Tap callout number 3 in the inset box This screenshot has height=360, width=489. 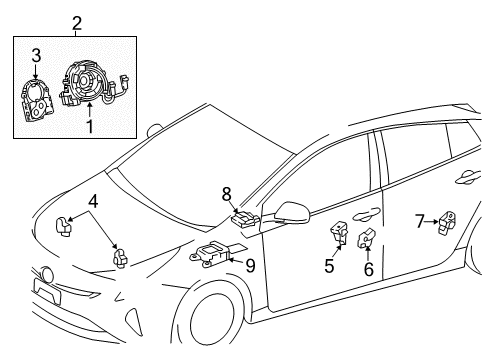pyautogui.click(x=35, y=54)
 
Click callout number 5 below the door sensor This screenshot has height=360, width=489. pyautogui.click(x=328, y=266)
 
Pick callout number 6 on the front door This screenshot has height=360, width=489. pyautogui.click(x=367, y=271)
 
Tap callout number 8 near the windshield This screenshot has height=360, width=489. pyautogui.click(x=227, y=193)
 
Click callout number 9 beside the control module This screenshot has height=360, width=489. pyautogui.click(x=250, y=264)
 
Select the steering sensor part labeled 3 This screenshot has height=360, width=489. pyautogui.click(x=37, y=100)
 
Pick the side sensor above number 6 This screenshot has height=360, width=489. pyautogui.click(x=366, y=240)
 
